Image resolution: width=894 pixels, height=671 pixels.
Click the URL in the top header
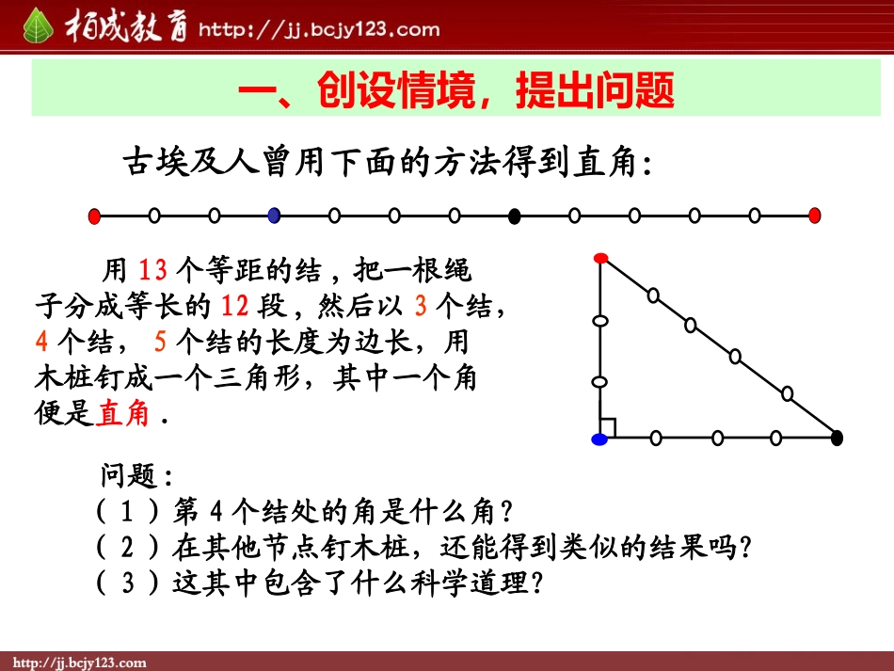point(318,29)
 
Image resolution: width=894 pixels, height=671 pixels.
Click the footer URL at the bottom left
point(77,663)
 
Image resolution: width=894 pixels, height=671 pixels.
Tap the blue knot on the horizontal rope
point(274,216)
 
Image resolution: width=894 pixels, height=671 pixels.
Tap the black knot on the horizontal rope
point(514,216)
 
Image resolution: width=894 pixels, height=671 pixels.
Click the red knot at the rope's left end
point(94,216)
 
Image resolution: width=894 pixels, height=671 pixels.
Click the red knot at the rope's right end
point(815,216)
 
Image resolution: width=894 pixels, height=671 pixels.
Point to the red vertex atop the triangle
point(600,257)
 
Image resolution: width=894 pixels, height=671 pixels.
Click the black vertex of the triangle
point(837,437)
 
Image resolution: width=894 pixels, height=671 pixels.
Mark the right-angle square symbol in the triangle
point(608,429)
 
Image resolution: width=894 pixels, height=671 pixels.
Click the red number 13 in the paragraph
point(152,271)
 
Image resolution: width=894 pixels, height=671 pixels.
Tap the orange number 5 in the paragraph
point(159,341)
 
